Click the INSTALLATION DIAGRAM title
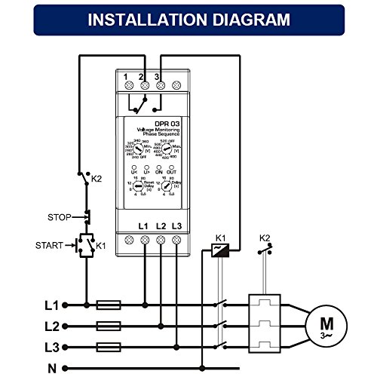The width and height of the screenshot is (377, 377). tap(188, 19)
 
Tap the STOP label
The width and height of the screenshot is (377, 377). tap(59, 217)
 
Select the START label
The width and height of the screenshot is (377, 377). tap(54, 245)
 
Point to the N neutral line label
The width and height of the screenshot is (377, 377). tap(51, 369)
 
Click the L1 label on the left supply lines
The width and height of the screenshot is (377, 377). tap(51, 305)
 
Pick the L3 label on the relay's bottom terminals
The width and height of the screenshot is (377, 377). tap(177, 226)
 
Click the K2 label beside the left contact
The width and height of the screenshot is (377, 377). tap(96, 179)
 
